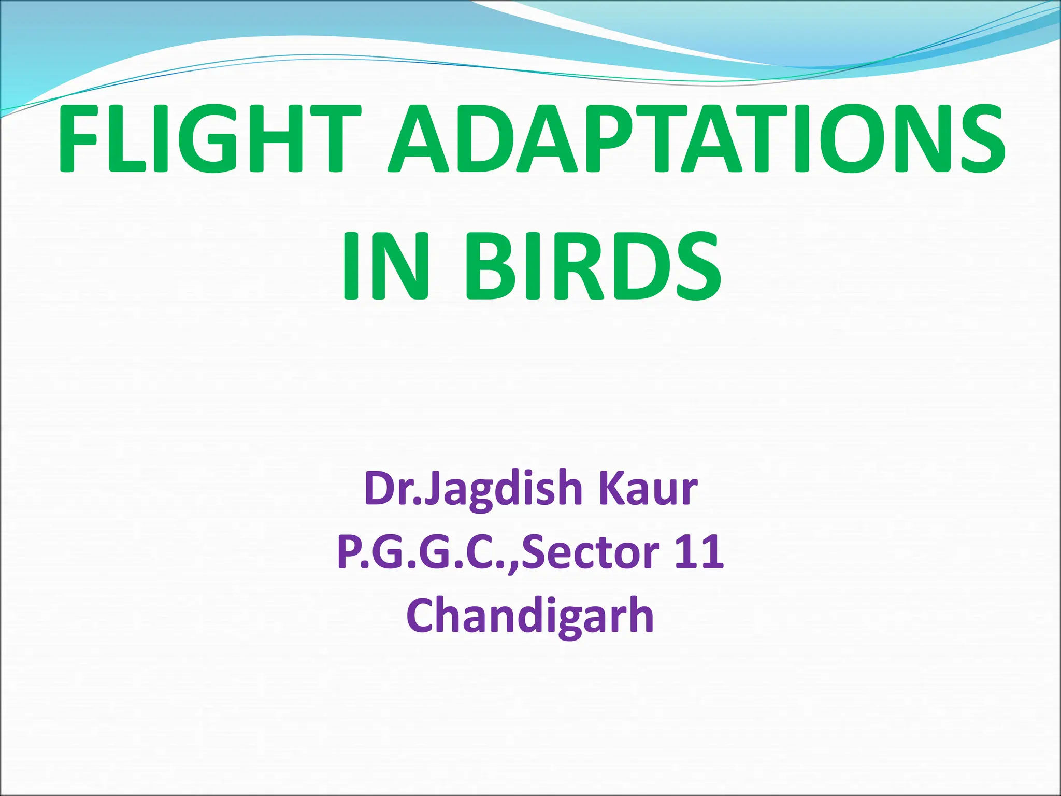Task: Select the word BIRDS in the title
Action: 593,266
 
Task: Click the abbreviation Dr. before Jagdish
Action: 394,488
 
